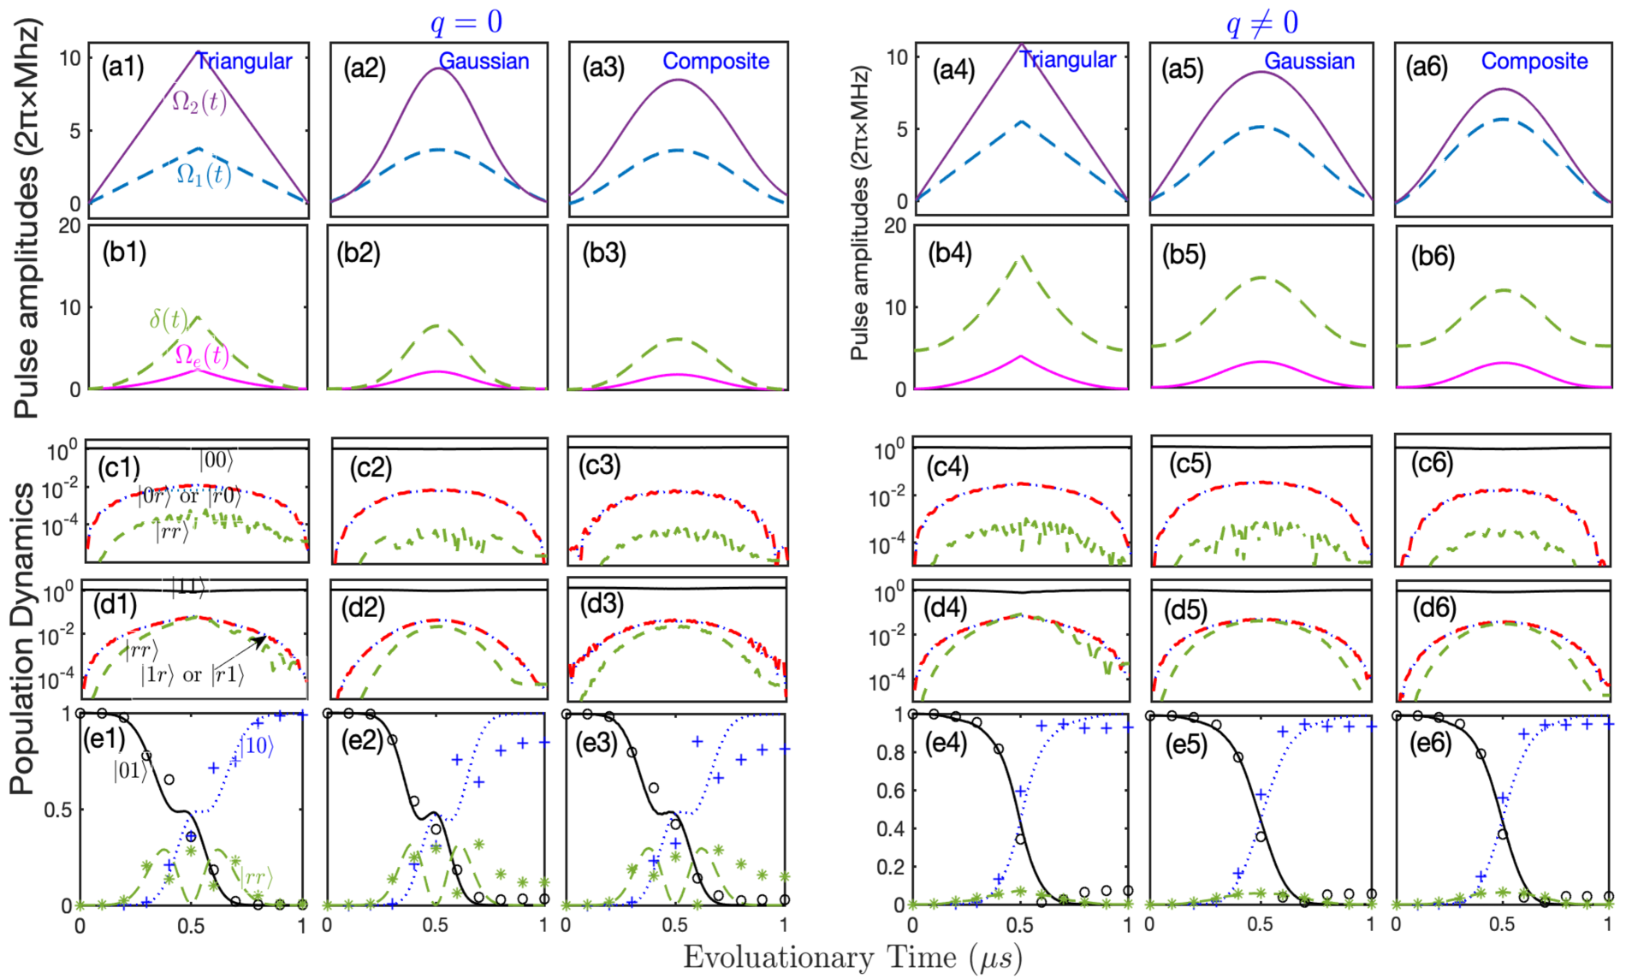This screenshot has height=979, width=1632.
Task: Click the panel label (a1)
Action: (122, 67)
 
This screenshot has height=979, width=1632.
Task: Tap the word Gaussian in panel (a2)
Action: (484, 62)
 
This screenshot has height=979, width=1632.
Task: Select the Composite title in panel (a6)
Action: (1534, 62)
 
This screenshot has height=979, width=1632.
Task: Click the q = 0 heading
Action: (466, 22)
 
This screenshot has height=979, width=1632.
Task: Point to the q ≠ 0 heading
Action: (1261, 23)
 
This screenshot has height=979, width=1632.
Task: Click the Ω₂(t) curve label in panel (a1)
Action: (199, 102)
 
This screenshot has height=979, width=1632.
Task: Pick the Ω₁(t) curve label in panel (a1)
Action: (204, 175)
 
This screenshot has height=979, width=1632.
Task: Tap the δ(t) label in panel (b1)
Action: (169, 319)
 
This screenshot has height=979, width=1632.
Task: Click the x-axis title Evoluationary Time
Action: (852, 957)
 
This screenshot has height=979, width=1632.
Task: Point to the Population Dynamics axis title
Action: (23, 638)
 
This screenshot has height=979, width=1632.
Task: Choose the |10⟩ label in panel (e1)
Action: (256, 745)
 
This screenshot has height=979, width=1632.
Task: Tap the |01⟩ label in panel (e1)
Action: (131, 771)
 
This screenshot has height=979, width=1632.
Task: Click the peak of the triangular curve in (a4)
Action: (1021, 44)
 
